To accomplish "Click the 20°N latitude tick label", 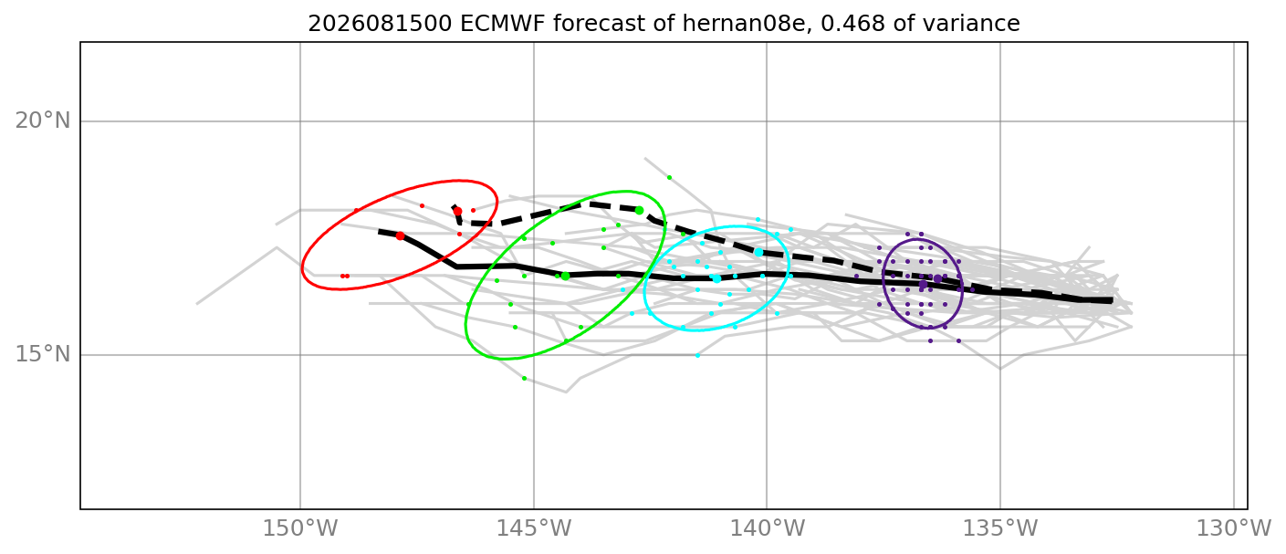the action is coord(43,121).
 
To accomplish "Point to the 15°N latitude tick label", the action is coord(43,355).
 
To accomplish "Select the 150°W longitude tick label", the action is coord(300,528).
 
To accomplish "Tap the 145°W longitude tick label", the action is coord(534,528).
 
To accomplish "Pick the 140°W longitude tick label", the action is coord(767,528).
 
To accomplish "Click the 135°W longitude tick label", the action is coord(1000,528).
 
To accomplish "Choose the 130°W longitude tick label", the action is coord(1234,528).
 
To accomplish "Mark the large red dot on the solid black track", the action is coord(400,236).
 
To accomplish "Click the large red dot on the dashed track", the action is coord(457,211).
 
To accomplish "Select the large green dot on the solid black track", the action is coord(566,277).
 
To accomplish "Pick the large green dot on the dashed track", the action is coord(640,211).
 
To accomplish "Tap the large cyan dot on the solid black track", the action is coord(716,279).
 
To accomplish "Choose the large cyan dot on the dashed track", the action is coord(758,252).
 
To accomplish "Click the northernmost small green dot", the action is coord(669,177).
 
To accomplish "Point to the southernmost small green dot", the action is coord(524,379).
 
